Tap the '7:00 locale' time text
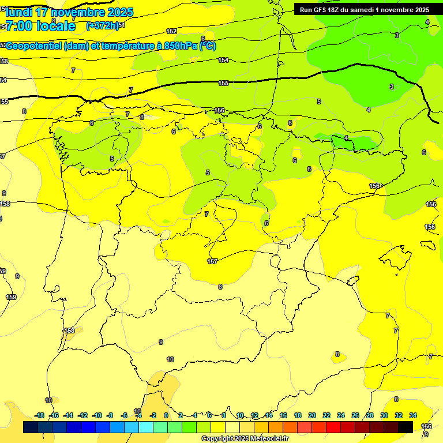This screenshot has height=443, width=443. click(x=41, y=26)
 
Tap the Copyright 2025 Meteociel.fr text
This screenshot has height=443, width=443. click(x=245, y=439)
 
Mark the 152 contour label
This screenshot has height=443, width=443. click(x=171, y=31)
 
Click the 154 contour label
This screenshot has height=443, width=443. click(x=223, y=60)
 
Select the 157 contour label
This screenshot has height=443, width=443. click(x=212, y=261)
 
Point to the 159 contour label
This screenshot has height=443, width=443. click(x=11, y=297)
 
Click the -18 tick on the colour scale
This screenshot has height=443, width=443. click(x=40, y=415)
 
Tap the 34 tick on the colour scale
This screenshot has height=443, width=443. click(x=413, y=415)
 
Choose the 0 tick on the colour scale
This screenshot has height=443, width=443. click(x=166, y=415)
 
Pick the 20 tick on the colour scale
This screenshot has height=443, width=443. click(x=312, y=415)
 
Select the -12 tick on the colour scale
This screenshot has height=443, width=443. click(x=82, y=415)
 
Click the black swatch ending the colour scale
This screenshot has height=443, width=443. click(x=406, y=427)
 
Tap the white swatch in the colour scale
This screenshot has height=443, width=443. click(x=232, y=427)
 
